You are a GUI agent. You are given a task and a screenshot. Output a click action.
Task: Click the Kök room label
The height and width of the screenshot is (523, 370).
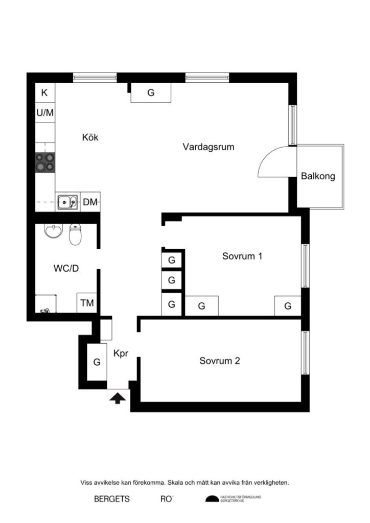(90, 137)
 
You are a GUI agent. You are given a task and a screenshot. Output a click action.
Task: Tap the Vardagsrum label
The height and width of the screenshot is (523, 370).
(209, 147)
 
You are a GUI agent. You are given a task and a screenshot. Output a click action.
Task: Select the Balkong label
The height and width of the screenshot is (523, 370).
(318, 177)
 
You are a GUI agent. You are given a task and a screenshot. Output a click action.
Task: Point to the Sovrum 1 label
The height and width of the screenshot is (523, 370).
(242, 256)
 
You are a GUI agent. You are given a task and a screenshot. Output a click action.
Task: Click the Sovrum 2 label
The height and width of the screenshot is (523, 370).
(220, 361)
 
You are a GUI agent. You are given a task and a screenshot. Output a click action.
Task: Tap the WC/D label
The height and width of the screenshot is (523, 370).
(66, 268)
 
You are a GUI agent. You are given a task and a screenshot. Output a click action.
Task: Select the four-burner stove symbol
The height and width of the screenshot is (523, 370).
(44, 162)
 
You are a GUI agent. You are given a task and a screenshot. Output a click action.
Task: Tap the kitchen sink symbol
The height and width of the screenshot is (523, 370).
(67, 202)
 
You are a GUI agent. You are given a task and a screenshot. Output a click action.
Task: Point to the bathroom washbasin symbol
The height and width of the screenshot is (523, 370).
(52, 232)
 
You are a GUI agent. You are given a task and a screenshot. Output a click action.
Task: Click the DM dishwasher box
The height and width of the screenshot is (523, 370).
(90, 202)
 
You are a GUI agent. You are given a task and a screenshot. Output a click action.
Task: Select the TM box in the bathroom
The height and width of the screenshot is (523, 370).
(87, 303)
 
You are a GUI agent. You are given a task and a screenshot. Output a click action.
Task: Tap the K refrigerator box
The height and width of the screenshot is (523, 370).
(44, 93)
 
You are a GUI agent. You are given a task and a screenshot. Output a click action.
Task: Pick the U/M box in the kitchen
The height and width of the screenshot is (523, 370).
(44, 112)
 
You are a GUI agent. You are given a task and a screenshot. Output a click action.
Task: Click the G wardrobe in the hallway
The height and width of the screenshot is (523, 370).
(96, 362)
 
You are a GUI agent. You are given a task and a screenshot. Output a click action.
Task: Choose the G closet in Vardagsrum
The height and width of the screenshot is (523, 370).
(151, 93)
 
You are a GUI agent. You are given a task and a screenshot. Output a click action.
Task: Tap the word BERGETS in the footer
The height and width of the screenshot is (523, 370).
(112, 499)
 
